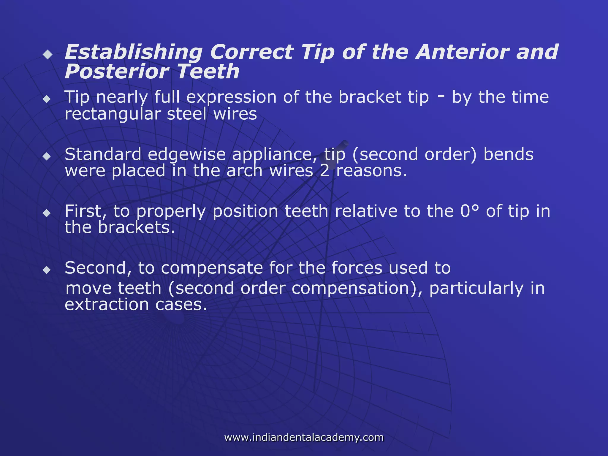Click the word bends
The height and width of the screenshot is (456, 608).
pyautogui.click(x=508, y=154)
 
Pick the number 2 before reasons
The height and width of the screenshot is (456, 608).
pyautogui.click(x=324, y=171)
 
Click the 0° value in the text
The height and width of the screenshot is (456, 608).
pyautogui.click(x=470, y=211)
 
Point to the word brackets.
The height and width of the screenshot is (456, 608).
pyautogui.click(x=136, y=228)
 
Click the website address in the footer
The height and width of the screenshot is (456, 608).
pyautogui.click(x=304, y=437)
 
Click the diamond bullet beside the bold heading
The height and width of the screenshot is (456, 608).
pyautogui.click(x=47, y=55)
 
